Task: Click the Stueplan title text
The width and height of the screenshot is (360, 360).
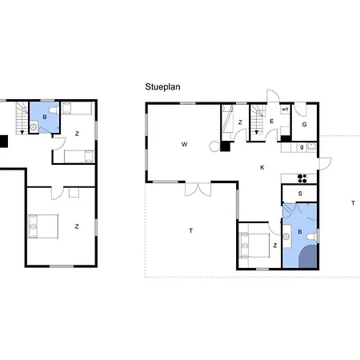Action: coord(162,87)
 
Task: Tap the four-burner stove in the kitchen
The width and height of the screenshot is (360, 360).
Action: coord(302,178)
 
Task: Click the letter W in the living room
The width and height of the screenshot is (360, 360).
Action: coord(184,144)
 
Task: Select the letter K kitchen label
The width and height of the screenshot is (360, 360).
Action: coord(262,167)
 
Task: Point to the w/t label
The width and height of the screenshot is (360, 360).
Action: coord(285,110)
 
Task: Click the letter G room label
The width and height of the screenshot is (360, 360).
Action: coord(304,124)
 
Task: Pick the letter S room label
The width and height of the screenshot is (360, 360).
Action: coord(300,194)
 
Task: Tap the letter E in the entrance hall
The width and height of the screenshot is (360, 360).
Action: coord(272,122)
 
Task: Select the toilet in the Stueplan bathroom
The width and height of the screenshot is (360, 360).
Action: coord(313,237)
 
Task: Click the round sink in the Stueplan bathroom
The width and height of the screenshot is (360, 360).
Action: coord(286,236)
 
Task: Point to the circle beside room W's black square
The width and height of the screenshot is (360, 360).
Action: coord(214,146)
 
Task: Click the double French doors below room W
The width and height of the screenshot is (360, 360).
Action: coord(198,190)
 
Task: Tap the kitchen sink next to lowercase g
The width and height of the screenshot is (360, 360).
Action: coord(311,146)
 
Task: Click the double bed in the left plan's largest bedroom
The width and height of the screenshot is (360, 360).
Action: coord(43,226)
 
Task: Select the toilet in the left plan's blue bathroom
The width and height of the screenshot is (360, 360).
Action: coord(54,110)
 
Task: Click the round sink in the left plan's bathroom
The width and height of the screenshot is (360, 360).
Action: coord(34,127)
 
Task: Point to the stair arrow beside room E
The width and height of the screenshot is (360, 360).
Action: coord(257,132)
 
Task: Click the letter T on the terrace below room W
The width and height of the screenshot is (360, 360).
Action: coord(191,230)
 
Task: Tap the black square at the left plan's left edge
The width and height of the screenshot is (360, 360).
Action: coord(3,142)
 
